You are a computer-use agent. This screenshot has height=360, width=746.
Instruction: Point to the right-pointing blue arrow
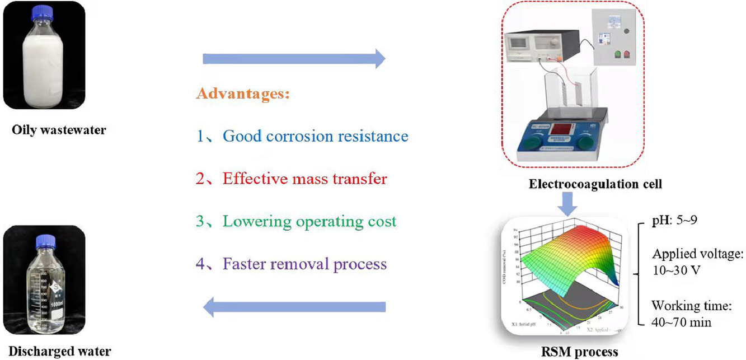pos(294,58)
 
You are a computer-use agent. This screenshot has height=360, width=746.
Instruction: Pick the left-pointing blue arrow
pos(294,306)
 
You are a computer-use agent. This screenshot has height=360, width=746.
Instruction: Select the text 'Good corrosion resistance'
pos(315,136)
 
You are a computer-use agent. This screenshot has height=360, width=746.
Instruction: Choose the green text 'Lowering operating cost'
pos(309,221)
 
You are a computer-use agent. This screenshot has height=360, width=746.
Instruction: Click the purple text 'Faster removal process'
pos(304,263)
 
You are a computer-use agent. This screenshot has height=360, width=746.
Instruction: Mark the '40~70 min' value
pos(681,322)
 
